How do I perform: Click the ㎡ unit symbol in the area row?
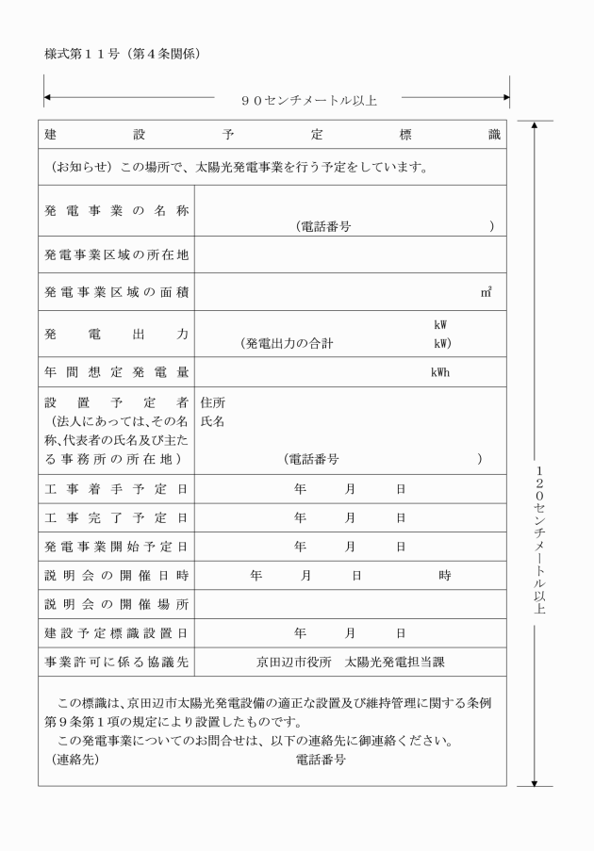coord(486,293)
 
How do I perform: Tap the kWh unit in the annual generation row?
coord(440,372)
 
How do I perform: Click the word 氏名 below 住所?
coord(213,421)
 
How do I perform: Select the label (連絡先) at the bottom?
coord(74,759)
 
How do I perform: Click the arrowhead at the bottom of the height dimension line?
coord(536,781)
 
